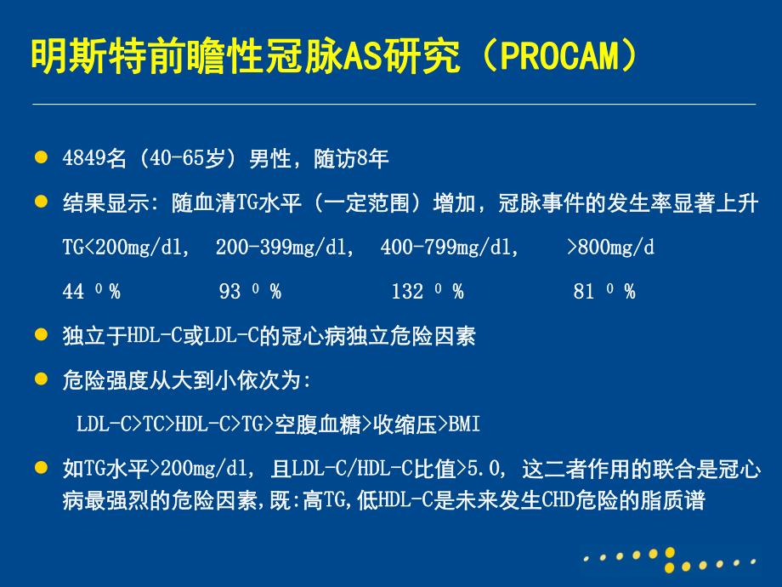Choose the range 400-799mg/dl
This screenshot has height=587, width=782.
[450, 248]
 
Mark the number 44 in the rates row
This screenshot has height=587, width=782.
[73, 293]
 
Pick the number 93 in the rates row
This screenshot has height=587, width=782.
[229, 293]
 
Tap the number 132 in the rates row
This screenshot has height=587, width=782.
[407, 293]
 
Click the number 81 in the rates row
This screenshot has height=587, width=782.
[583, 293]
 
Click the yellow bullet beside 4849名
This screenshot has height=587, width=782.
[39, 158]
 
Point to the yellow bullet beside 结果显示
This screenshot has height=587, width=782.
[39, 203]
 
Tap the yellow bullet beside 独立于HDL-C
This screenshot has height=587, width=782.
[39, 336]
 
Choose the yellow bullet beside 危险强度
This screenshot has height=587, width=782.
[39, 379]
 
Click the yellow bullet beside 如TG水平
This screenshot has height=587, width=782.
[39, 468]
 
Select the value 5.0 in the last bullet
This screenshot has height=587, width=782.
[490, 469]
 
